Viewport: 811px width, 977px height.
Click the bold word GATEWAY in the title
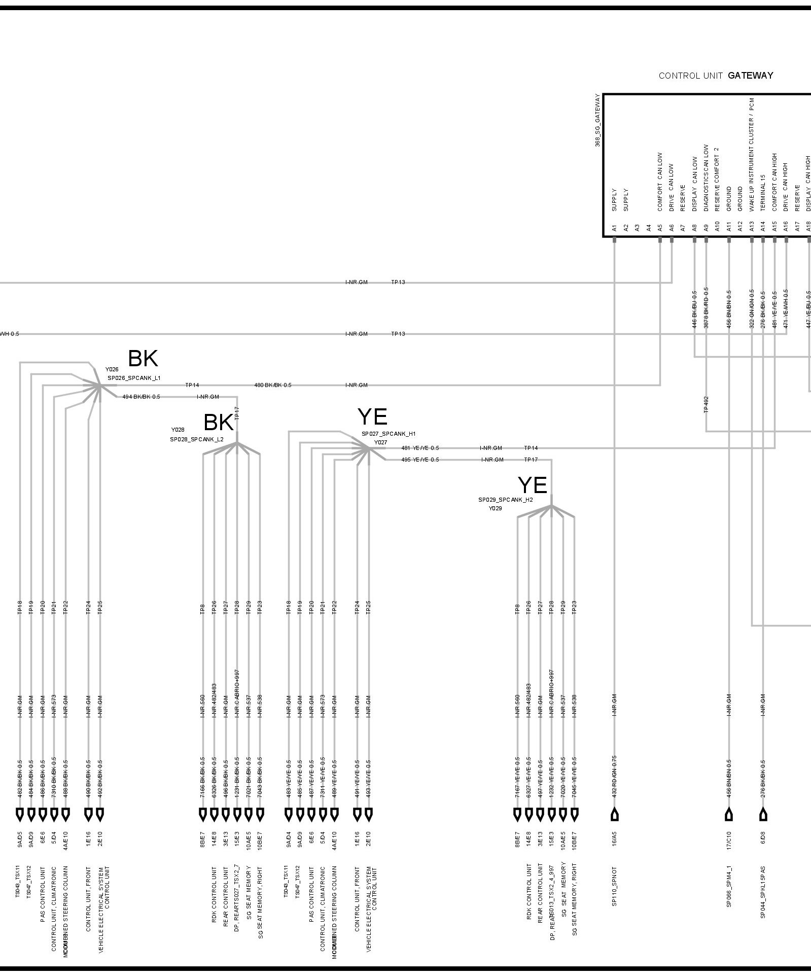(750, 76)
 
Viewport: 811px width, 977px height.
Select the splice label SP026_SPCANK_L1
(134, 378)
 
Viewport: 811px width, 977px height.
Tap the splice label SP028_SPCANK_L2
(196, 439)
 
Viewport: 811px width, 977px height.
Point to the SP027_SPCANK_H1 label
(389, 434)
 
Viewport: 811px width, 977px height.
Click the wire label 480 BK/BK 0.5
(273, 385)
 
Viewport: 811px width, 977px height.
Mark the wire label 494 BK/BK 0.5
(141, 397)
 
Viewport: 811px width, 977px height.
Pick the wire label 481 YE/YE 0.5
(420, 448)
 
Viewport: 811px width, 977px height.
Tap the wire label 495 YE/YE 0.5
(420, 460)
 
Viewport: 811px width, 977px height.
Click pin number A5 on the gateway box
(660, 228)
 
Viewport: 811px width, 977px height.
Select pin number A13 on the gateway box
(752, 228)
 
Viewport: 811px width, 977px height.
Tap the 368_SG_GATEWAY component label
(597, 121)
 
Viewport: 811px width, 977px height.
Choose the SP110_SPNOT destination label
(614, 886)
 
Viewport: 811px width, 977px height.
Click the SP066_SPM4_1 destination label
(729, 886)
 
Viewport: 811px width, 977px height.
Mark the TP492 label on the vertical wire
(706, 404)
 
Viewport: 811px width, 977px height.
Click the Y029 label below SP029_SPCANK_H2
(495, 508)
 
